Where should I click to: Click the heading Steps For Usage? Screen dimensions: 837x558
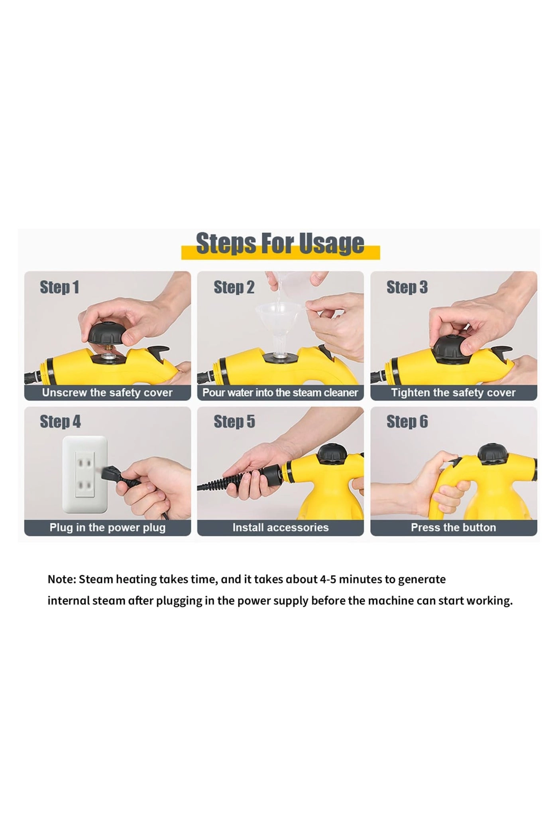(280, 244)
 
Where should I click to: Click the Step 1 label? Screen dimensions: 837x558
(59, 287)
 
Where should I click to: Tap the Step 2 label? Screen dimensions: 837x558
(234, 287)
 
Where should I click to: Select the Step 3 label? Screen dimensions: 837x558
(407, 287)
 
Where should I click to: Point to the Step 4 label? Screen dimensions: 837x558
(60, 422)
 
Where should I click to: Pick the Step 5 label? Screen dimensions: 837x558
(234, 422)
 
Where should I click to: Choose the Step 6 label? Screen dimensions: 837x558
(407, 422)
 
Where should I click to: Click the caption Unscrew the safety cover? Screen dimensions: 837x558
(107, 393)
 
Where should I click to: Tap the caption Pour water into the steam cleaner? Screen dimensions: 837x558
(280, 393)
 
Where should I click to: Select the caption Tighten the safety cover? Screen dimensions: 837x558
(453, 393)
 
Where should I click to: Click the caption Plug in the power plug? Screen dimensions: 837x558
(107, 527)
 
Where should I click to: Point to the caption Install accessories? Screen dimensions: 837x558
(280, 527)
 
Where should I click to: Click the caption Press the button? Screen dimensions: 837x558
(453, 527)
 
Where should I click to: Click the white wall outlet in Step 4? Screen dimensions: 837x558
(85, 474)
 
